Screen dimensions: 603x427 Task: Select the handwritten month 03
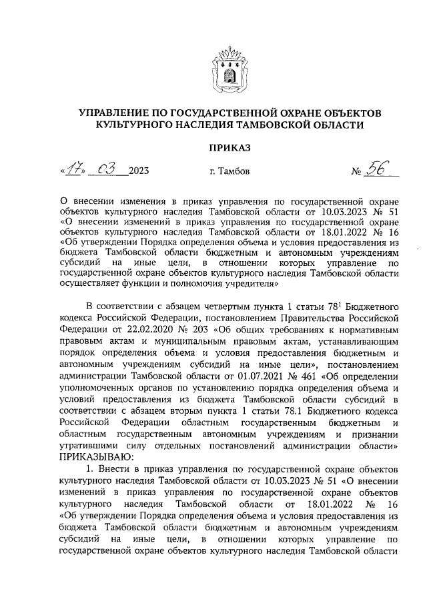coord(106,171)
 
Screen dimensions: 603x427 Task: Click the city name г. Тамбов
coord(230,172)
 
